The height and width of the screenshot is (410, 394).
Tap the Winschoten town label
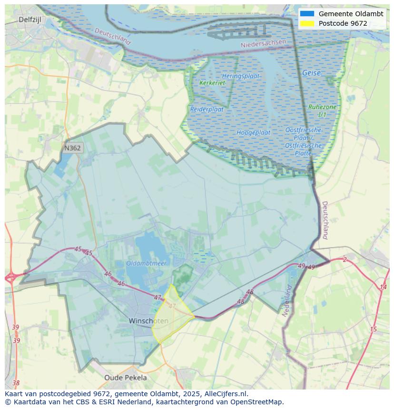point(148,321)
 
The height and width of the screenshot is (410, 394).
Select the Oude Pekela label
point(126,378)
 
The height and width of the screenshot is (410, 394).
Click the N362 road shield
point(72,148)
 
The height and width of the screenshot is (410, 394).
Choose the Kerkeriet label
point(212,83)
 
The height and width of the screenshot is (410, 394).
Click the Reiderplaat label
point(207,109)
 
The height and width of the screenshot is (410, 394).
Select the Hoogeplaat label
point(253,132)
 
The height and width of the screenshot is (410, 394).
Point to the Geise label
point(311,73)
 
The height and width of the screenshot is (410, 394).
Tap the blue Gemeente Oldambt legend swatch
point(307,14)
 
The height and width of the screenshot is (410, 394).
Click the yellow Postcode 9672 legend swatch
point(307,23)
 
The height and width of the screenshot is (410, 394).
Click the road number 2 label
point(345,259)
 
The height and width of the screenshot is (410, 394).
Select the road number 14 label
point(383,287)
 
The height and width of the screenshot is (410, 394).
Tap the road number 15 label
point(373,329)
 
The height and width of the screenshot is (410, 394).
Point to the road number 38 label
point(16,383)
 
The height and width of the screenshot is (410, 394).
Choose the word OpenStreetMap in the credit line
point(257,402)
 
